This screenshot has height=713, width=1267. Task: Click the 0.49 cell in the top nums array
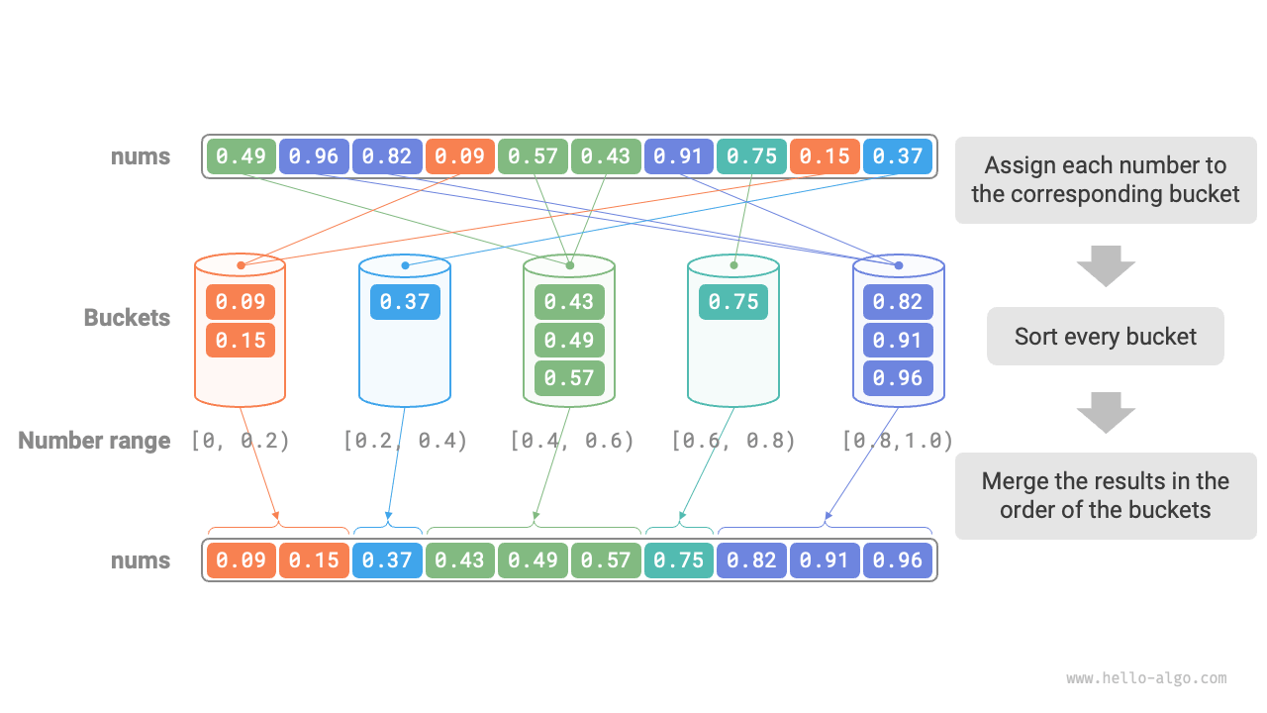(241, 156)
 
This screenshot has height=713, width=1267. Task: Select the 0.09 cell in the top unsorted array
(459, 156)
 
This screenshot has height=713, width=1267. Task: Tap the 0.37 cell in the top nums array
(898, 156)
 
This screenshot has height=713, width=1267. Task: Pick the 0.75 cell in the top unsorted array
(752, 156)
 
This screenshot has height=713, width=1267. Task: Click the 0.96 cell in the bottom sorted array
(898, 560)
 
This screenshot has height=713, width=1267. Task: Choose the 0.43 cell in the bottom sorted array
(460, 560)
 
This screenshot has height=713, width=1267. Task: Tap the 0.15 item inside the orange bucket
(241, 340)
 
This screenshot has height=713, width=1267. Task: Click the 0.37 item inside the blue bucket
(405, 301)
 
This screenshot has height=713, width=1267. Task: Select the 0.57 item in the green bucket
(569, 377)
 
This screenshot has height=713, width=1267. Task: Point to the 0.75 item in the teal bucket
(733, 301)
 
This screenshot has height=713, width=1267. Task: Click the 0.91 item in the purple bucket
(898, 340)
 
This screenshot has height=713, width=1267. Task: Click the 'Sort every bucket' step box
(1105, 337)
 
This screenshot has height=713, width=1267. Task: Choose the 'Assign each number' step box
(1105, 179)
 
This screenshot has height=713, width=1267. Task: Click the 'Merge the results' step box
(1105, 495)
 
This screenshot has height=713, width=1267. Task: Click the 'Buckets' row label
(127, 318)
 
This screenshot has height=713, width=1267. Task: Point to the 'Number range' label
(94, 441)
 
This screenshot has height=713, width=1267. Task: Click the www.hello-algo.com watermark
(1146, 678)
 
